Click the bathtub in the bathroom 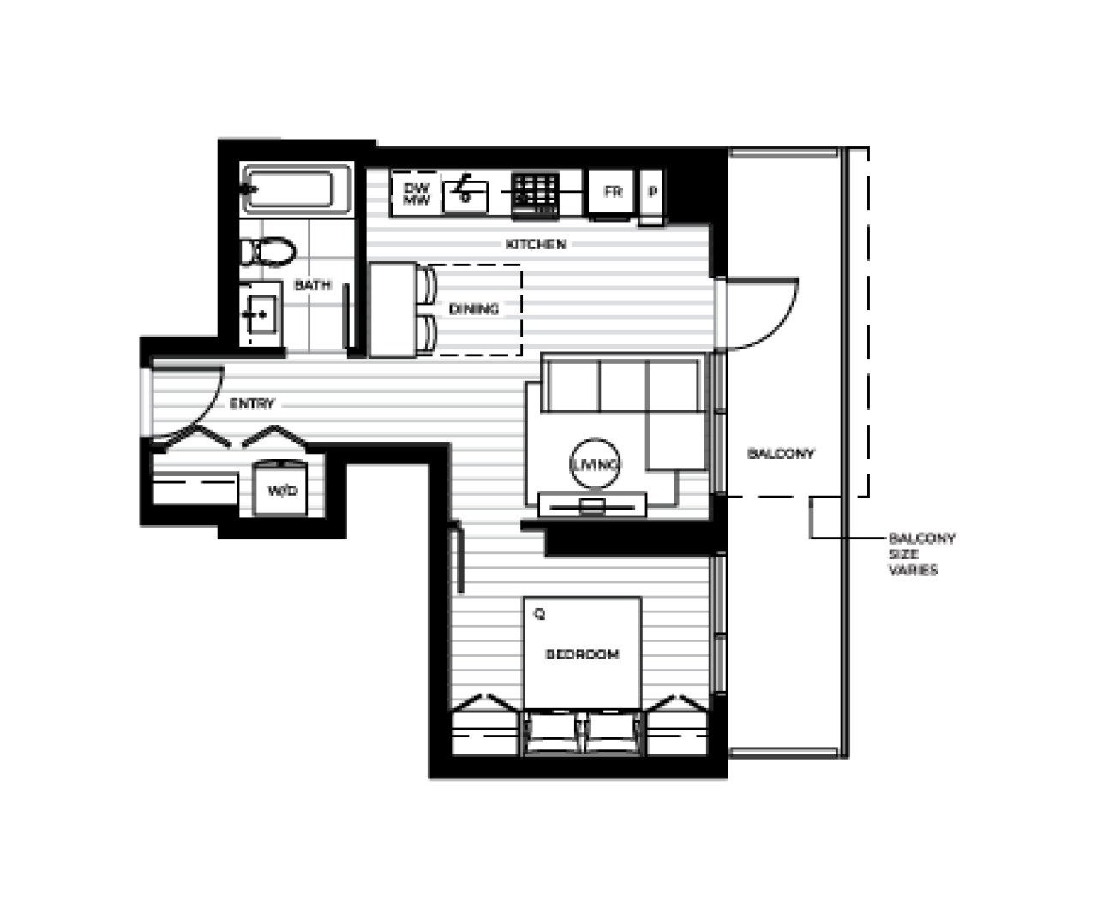coord(296,189)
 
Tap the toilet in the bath coord(268,252)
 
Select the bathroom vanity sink coord(261,314)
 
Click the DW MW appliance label coord(417,194)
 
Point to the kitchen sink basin coord(465,197)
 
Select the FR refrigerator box coord(611,192)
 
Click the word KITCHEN coord(536,244)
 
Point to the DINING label coord(473,309)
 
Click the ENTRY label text coord(252,403)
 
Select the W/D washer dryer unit coord(280,489)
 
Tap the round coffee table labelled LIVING coord(596,464)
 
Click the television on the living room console coord(592,507)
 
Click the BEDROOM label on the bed coord(583,654)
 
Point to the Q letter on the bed coord(540,614)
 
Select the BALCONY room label coord(781,453)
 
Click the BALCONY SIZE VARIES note coord(921,554)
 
